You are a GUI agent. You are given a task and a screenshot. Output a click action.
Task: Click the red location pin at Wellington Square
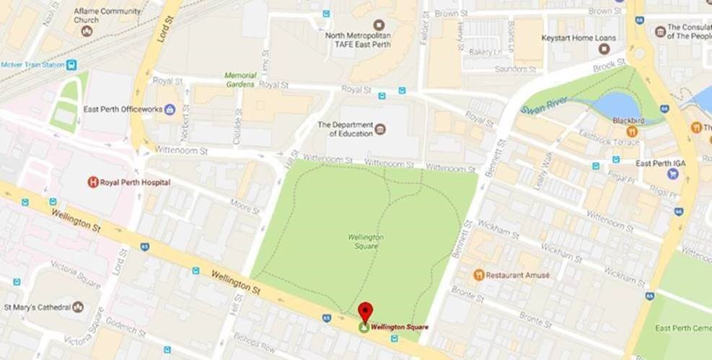pos(366,312)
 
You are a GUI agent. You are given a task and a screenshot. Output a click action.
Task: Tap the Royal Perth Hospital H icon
pos(92,182)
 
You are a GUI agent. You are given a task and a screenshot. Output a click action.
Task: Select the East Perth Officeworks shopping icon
pos(170,109)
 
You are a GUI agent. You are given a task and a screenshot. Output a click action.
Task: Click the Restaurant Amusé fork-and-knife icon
pos(478,275)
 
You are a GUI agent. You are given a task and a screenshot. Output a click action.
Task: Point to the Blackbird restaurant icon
pos(632,131)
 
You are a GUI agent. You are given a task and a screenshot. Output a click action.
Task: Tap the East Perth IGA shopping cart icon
pos(672,173)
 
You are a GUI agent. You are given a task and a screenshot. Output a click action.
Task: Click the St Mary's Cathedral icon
pos(78,307)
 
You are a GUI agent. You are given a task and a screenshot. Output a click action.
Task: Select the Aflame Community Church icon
pos(87,31)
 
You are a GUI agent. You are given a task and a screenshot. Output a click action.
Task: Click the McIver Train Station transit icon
pos(71,65)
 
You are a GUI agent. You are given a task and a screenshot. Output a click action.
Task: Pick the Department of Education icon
pos(380,129)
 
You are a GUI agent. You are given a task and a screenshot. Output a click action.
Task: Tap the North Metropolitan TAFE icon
pos(378,25)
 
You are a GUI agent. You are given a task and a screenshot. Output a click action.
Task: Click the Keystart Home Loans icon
pos(603,48)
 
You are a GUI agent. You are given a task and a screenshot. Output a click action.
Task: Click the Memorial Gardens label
pos(239,79)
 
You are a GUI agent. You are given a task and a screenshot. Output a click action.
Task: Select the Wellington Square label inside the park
pos(365,240)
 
